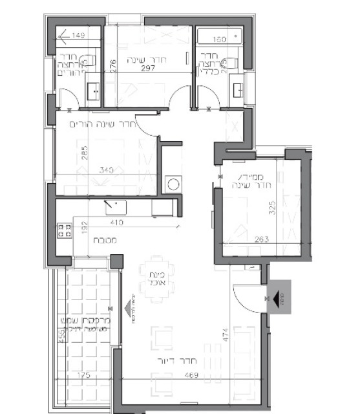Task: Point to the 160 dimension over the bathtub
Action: coord(218,40)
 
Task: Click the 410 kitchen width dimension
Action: coord(116,223)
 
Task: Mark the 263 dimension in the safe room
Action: coord(242,239)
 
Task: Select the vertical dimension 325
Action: coord(273,208)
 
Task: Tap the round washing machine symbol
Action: coord(173,184)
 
